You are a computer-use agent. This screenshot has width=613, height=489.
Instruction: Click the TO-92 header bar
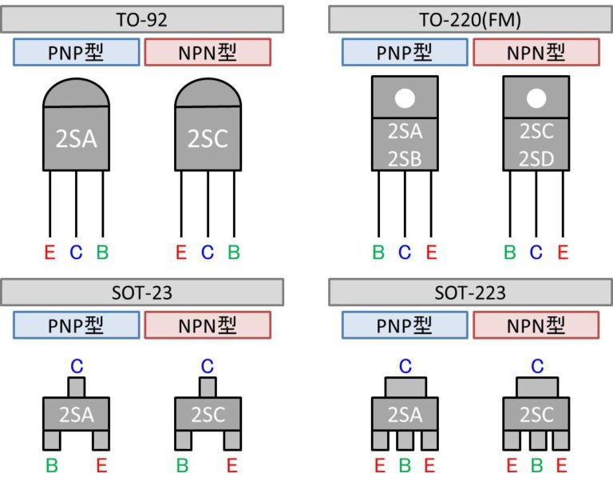point(142,19)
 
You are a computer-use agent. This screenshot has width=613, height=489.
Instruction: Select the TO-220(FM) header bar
point(471,19)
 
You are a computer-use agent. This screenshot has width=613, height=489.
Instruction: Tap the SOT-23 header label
point(142,292)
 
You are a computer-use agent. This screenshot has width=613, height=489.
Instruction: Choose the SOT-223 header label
point(471,292)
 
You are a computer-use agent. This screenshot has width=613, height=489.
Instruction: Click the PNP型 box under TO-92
point(77,53)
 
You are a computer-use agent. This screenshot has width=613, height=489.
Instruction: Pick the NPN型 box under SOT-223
point(536,325)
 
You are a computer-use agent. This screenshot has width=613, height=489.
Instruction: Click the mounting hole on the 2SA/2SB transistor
point(405,98)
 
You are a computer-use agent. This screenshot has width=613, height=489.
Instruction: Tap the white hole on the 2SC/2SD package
point(536,98)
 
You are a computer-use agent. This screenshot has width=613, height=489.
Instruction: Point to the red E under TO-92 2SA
point(49,253)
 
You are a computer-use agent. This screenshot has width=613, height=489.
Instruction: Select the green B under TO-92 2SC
point(234,253)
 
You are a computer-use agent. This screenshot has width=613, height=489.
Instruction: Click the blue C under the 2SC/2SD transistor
point(536,253)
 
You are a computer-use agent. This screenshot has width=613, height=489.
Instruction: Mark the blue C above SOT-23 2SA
point(77,366)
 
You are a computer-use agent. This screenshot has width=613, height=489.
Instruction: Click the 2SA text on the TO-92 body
point(76,139)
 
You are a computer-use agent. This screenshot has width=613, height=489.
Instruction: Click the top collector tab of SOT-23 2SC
point(208,388)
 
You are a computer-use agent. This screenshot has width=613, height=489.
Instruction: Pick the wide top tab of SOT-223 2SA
point(405,388)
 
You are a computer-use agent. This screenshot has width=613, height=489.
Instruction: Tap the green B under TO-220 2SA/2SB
point(378,253)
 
